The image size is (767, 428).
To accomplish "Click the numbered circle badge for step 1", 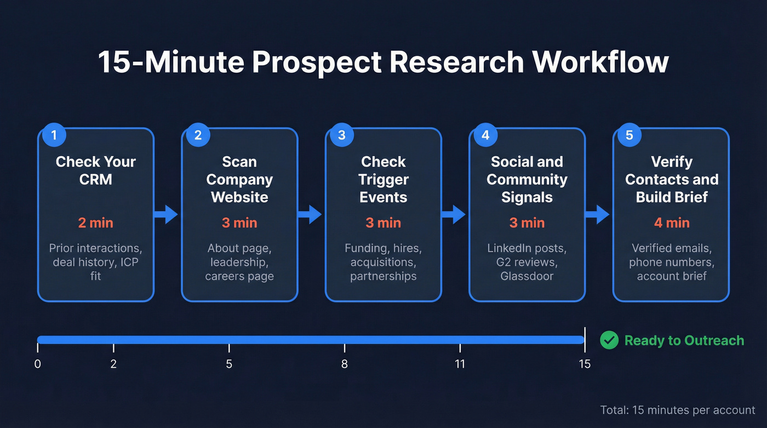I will (x=54, y=135).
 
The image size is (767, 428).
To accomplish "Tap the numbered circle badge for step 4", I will (x=485, y=135).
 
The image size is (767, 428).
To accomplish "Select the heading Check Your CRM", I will (x=96, y=170).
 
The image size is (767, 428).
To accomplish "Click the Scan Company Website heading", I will (x=239, y=179).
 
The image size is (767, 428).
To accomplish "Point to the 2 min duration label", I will (x=96, y=223).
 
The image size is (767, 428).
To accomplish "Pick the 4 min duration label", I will (x=671, y=223).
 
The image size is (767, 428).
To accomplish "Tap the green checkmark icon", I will (x=609, y=340).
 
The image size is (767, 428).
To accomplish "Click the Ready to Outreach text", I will (x=684, y=340).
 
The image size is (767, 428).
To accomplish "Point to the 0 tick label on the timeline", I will (x=37, y=364).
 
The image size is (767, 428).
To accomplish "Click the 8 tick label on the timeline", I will (x=344, y=364).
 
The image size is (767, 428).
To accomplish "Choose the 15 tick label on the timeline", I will (x=585, y=364).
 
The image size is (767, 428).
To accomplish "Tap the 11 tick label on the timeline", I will (x=460, y=364).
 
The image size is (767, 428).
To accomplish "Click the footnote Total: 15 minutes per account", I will (x=678, y=410).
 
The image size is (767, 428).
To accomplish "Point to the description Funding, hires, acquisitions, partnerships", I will (x=383, y=262).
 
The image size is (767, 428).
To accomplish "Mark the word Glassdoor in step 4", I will (x=527, y=276).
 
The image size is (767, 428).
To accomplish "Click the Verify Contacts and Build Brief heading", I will (x=671, y=179).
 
